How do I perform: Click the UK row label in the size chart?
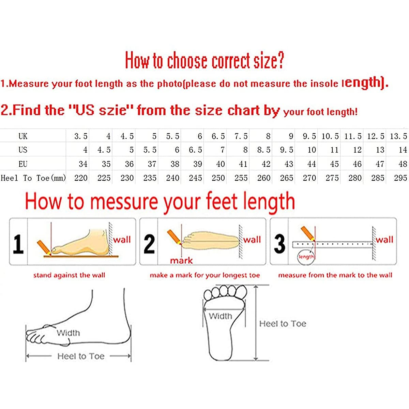(x=23, y=136)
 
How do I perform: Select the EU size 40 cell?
(x=221, y=164)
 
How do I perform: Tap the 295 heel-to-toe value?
(x=400, y=178)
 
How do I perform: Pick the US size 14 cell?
(x=403, y=150)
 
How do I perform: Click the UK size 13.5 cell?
(x=398, y=136)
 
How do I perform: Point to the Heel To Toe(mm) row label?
(x=33, y=178)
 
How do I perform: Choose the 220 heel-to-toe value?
(x=81, y=178)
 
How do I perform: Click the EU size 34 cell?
(x=83, y=164)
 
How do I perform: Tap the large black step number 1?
(x=18, y=244)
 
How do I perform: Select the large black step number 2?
(x=149, y=244)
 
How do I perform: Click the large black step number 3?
(x=279, y=244)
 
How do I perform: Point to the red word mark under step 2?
(x=181, y=261)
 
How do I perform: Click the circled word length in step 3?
(x=306, y=257)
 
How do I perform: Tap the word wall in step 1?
(x=122, y=240)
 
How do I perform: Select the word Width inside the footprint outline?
(x=220, y=316)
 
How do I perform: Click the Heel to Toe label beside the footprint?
(x=283, y=324)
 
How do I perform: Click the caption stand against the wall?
(x=69, y=275)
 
